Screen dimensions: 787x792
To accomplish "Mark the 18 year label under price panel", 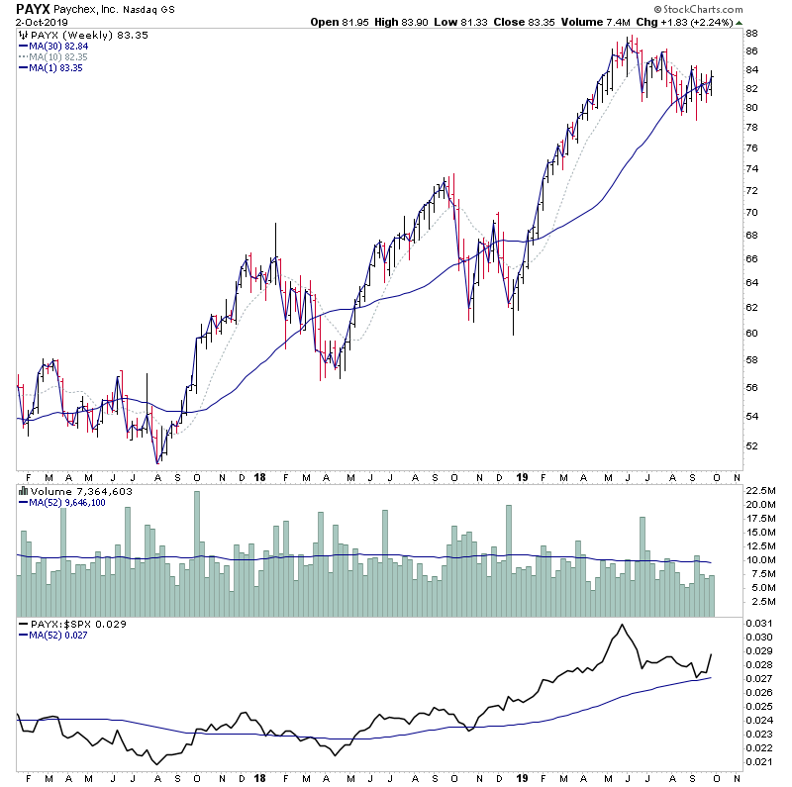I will coord(258,476).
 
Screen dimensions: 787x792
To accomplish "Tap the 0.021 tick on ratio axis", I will coord(758,760).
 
